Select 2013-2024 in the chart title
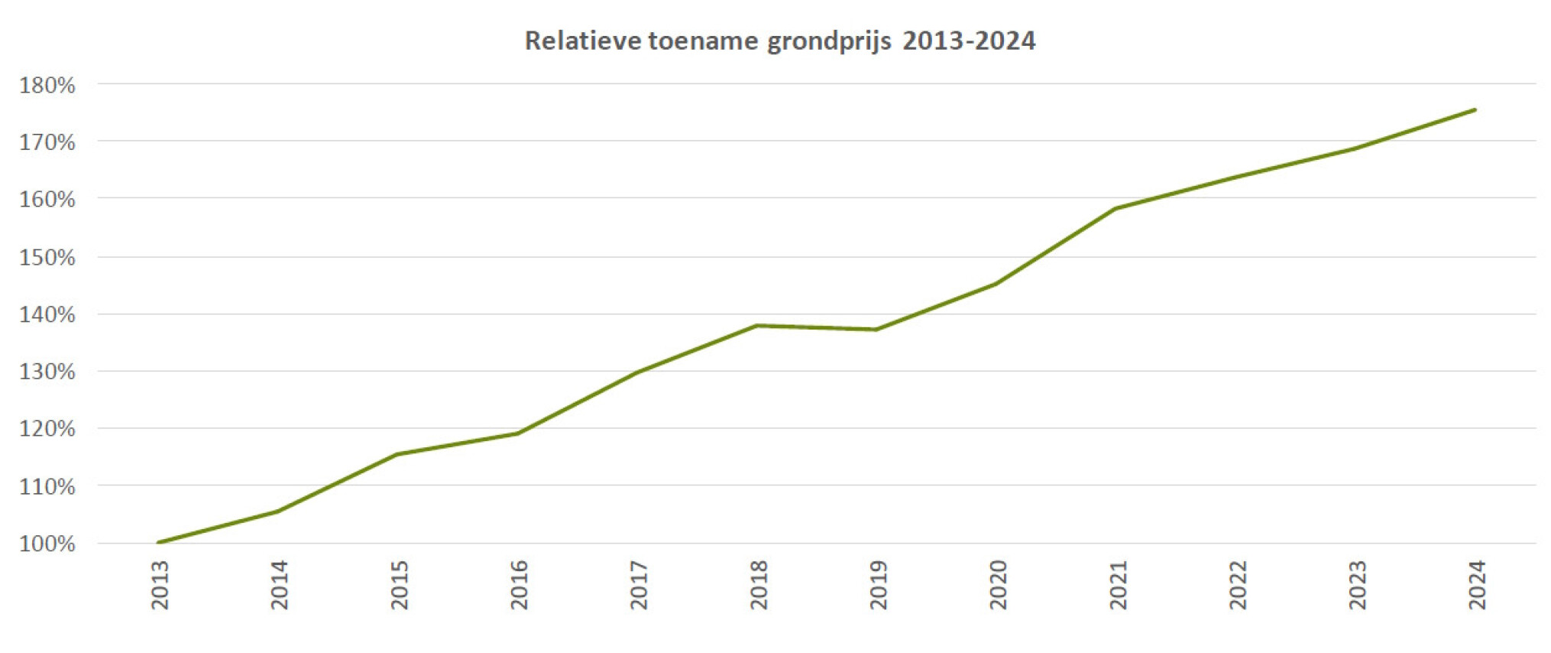click(969, 41)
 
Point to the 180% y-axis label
click(47, 85)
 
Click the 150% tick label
click(47, 257)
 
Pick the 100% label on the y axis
click(47, 544)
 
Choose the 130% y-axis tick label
click(47, 372)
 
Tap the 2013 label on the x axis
click(160, 585)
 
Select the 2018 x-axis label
click(759, 585)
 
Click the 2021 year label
click(1119, 585)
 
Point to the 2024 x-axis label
click(1478, 585)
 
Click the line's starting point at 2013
click(158, 542)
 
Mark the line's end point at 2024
click(1475, 110)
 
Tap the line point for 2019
click(876, 330)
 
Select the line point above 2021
click(1115, 208)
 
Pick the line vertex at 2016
click(517, 434)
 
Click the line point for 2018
click(756, 326)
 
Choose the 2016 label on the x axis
click(520, 585)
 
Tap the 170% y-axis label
click(47, 142)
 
